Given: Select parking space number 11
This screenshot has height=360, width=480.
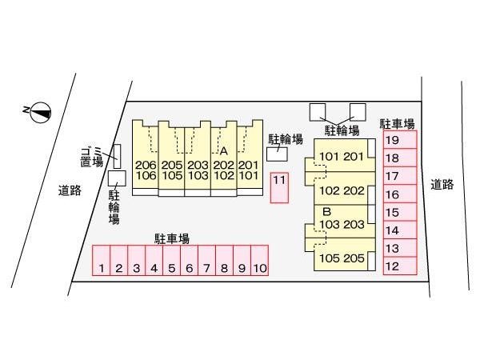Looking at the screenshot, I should pyautogui.click(x=278, y=187).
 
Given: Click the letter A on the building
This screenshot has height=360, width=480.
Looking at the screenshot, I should pyautogui.click(x=224, y=150).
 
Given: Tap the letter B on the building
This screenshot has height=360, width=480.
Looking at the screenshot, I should pyautogui.click(x=326, y=211).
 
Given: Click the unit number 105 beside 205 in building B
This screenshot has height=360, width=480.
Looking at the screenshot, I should pyautogui.click(x=330, y=258).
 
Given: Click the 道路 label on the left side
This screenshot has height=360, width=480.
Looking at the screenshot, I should pyautogui.click(x=70, y=190).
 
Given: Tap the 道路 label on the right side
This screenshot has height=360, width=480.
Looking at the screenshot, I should pyautogui.click(x=442, y=184).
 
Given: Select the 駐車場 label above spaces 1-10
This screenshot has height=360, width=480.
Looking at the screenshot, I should pyautogui.click(x=172, y=238).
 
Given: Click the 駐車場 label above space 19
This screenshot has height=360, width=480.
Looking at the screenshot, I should pyautogui.click(x=397, y=123).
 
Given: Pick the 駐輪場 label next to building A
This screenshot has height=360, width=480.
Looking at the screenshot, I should pyautogui.click(x=285, y=139).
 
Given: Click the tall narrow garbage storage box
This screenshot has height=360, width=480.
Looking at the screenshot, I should pyautogui.click(x=115, y=156).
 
